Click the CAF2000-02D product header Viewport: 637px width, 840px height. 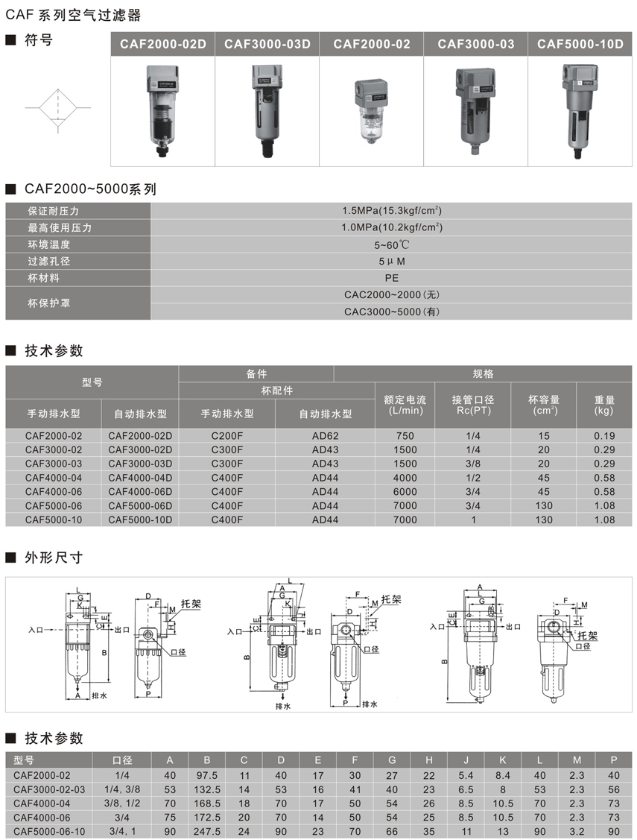point(163,44)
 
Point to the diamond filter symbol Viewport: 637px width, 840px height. point(57,109)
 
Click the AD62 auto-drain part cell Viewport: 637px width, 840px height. point(325,436)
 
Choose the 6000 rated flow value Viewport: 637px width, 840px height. point(405,491)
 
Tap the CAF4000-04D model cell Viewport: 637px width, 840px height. point(140,478)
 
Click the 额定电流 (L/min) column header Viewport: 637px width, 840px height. point(405,405)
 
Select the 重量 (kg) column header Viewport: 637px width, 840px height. point(604,405)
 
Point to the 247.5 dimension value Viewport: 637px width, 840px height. point(206,831)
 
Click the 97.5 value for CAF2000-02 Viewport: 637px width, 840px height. point(206,775)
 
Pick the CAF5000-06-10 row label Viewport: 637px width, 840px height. point(49,831)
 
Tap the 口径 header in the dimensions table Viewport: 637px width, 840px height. point(122,760)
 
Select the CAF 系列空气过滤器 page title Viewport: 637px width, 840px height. point(73,15)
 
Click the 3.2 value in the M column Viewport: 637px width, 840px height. point(576,831)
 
